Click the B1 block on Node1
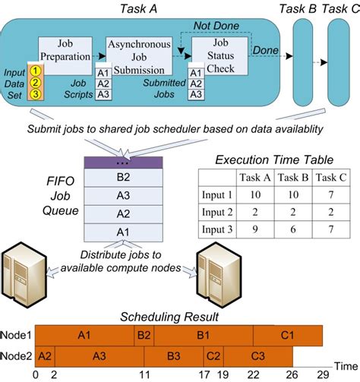coord(203,335)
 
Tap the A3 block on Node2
coord(98,355)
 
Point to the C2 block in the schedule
coord(213,355)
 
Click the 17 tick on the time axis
coord(204,374)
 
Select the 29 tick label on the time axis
coord(322,374)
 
